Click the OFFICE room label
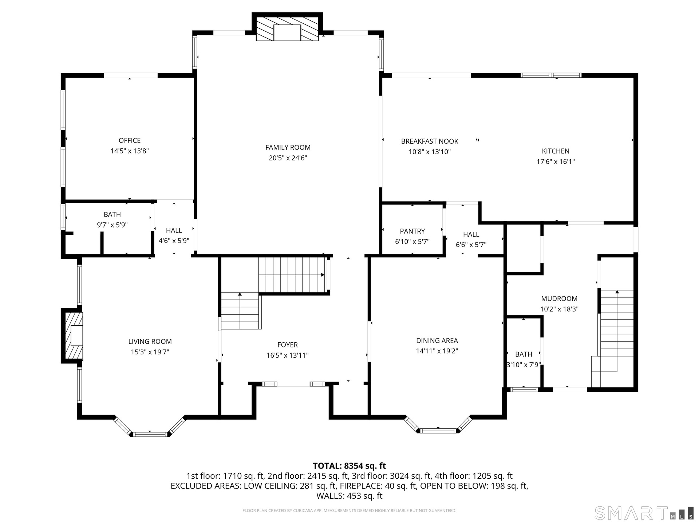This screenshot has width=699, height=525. [130, 140]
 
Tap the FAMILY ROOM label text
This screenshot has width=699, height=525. [288, 147]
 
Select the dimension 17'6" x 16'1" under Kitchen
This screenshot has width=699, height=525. [556, 162]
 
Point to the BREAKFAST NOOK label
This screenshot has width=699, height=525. [430, 141]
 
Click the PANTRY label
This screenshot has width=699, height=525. [412, 231]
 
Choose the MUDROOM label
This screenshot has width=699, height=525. [559, 299]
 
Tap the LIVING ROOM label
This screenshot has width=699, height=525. [150, 342]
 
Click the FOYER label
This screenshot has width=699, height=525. [288, 345]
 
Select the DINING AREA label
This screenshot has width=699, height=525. [437, 341]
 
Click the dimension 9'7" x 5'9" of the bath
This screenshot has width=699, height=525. [112, 225]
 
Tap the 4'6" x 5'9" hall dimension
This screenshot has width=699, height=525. [174, 241]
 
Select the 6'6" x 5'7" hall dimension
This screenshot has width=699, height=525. [471, 245]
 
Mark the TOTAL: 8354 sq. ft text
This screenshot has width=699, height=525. [349, 466]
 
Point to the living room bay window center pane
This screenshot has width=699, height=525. [150, 434]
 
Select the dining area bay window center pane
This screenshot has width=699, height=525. [438, 431]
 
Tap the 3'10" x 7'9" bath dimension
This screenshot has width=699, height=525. [524, 365]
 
